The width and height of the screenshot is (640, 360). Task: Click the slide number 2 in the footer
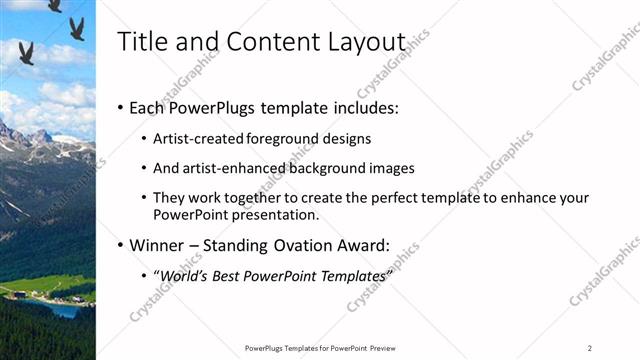(x=589, y=348)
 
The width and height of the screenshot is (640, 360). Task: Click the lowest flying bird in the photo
(x=26, y=52)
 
